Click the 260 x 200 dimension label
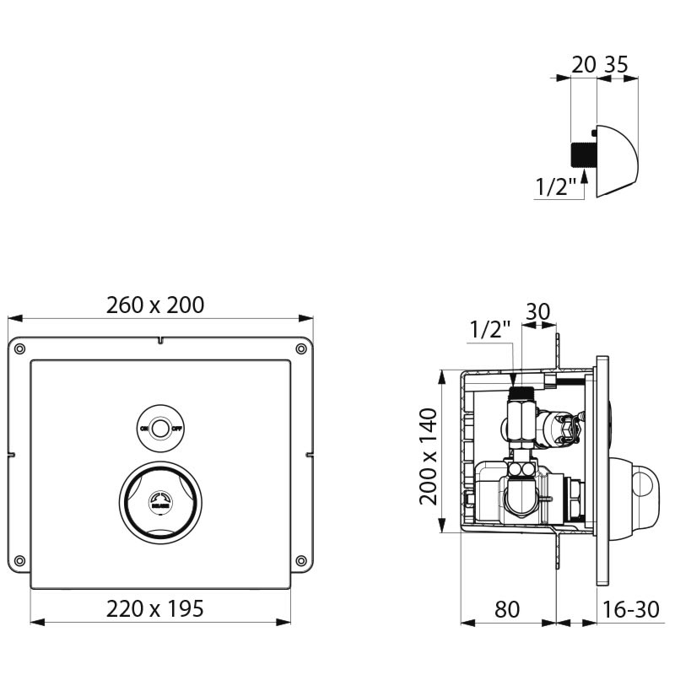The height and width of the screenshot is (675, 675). [155, 305]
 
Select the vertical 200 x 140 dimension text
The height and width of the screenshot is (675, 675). [429, 455]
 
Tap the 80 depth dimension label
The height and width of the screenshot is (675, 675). [506, 608]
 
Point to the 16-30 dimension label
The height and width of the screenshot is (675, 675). [631, 608]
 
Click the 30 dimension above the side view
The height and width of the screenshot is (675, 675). [537, 312]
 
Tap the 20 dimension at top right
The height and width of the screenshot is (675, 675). [584, 65]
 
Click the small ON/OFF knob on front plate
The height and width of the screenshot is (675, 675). [160, 428]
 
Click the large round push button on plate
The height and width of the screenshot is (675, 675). [160, 505]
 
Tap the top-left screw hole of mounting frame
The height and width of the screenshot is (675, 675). [21, 348]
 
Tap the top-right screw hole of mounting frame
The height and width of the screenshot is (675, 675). [300, 348]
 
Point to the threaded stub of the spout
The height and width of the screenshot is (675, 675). [582, 156]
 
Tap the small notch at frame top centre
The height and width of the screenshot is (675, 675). [160, 342]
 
